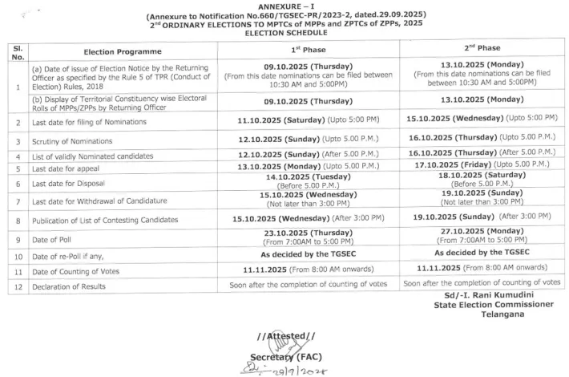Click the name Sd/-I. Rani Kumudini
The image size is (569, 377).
(x=482, y=295)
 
